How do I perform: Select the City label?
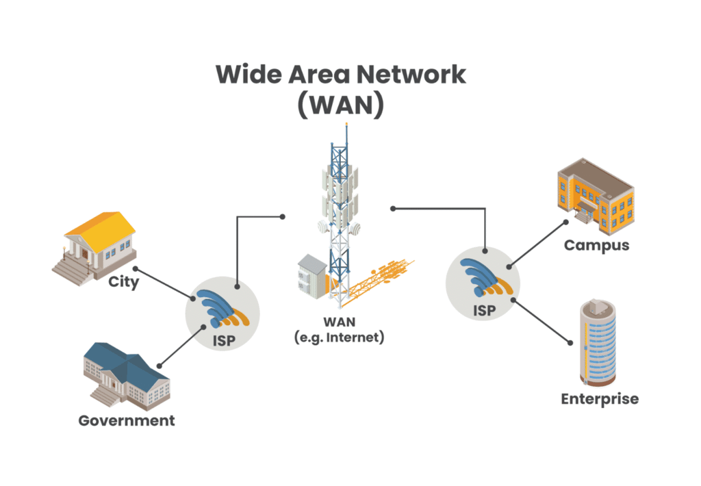(x=124, y=281)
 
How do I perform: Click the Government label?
(x=127, y=420)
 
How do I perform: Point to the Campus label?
(x=596, y=244)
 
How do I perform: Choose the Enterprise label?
(x=600, y=398)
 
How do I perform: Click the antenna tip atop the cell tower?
(x=346, y=126)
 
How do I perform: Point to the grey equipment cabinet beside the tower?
(x=311, y=278)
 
